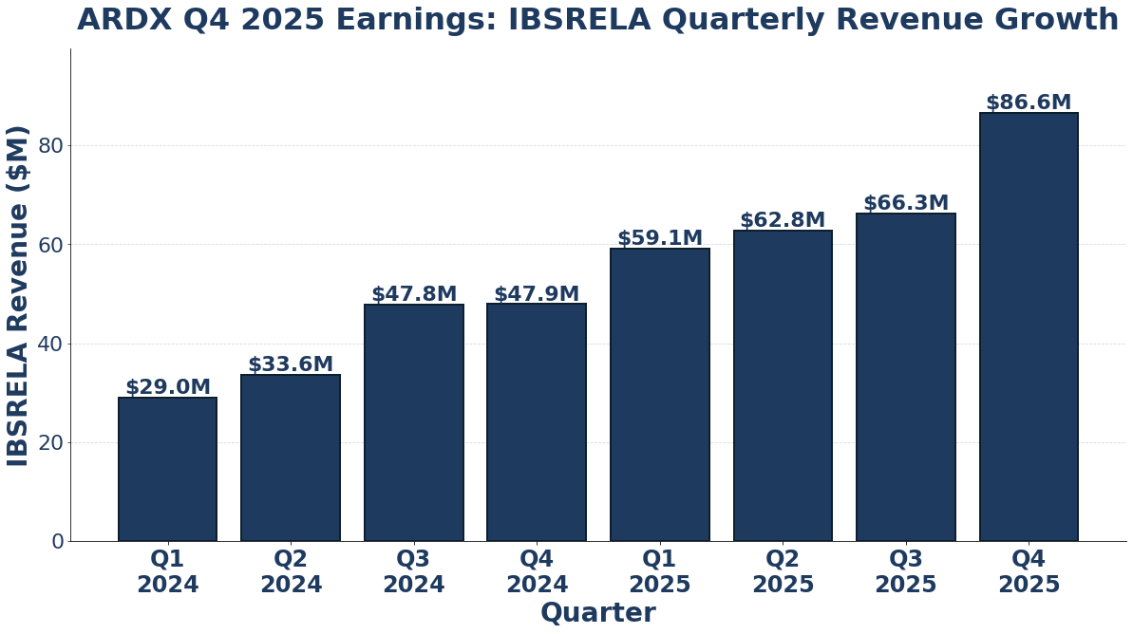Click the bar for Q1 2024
point(167,469)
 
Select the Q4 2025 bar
point(1029,326)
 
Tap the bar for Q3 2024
point(413,422)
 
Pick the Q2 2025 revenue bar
point(783,385)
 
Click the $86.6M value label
point(1029,103)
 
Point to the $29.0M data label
point(167,387)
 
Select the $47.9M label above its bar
point(537,294)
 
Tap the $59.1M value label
point(660,238)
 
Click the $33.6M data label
point(291,364)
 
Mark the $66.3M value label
point(906,203)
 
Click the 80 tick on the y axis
point(51,146)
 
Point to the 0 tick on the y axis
point(58,541)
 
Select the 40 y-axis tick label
point(51,344)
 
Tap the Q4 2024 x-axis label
point(537,571)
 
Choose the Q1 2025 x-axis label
point(660,571)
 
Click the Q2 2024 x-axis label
point(291,571)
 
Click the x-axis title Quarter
point(597,613)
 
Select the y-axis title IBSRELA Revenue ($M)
point(18,295)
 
